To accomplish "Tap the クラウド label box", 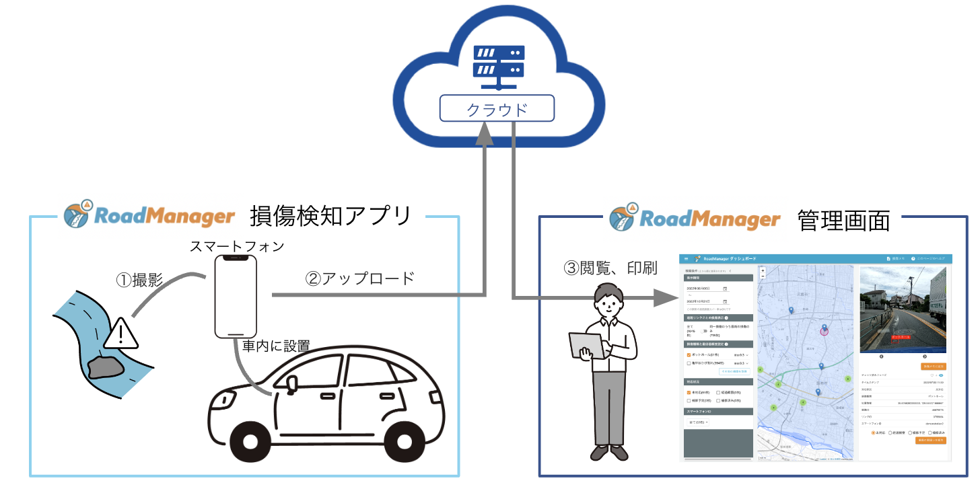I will point(498,108).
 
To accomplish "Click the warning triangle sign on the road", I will point(120,333).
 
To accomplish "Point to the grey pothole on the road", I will point(106,366).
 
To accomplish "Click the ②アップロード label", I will point(360,278).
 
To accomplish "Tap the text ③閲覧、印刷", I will point(610,267).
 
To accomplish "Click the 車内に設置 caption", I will point(276,346).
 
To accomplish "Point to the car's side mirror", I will point(291,383).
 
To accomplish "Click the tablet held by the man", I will point(582,345).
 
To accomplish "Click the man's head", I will point(610,300).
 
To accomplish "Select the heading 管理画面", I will point(843,220).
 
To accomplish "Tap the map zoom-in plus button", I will point(763,270).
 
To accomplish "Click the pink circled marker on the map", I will point(824,331).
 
